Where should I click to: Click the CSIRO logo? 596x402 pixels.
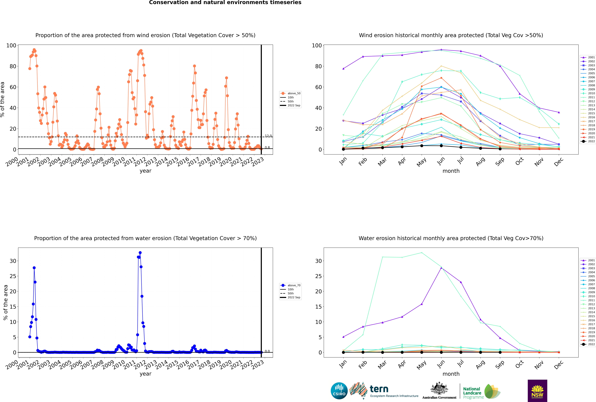click(339, 391)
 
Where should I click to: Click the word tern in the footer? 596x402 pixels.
click(379, 389)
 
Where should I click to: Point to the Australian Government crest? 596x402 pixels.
click(439, 388)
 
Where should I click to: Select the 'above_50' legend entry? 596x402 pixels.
click(290, 93)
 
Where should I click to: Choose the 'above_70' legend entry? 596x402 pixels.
click(290, 285)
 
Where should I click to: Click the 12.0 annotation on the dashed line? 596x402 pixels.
click(268, 136)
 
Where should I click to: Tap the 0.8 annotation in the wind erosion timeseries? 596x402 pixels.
click(267, 147)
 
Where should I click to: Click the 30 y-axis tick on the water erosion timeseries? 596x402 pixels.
click(13, 261)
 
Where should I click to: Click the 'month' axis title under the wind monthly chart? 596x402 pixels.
click(451, 171)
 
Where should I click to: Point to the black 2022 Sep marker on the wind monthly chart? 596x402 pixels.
click(500, 149)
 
